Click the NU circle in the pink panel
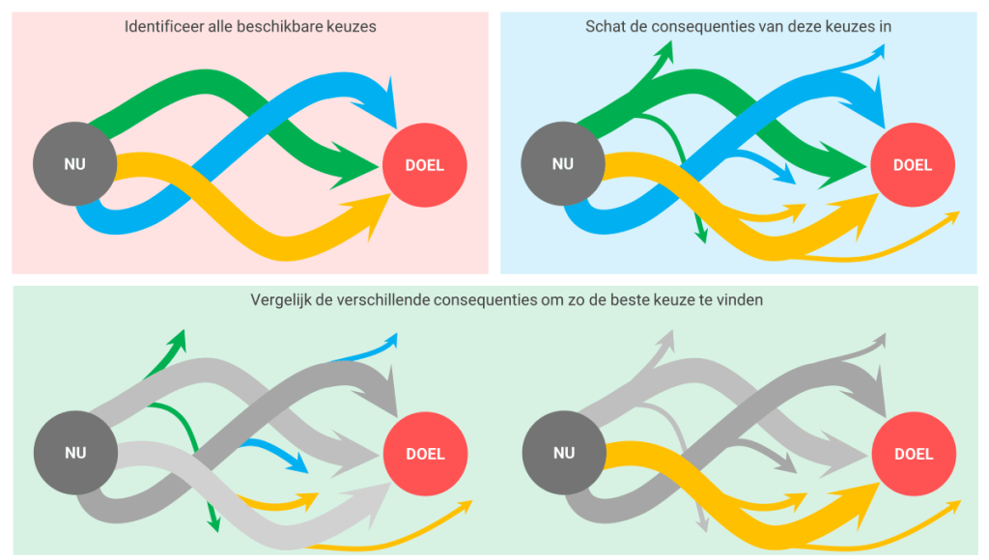coord(74,164)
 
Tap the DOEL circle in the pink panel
coord(425,165)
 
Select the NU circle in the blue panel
coord(562,164)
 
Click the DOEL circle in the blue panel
coord(913,165)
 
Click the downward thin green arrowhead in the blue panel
coord(702,234)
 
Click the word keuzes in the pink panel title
coord(353,27)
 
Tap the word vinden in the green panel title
coord(742,300)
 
